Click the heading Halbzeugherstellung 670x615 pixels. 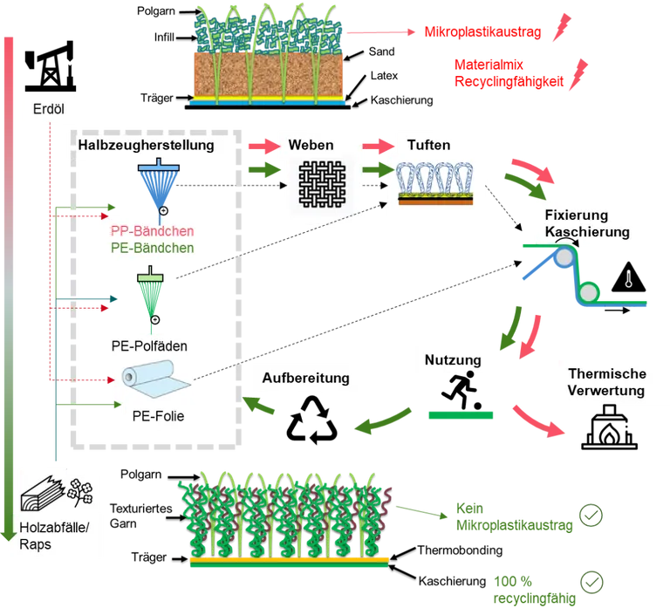point(146,145)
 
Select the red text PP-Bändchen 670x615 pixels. point(152,231)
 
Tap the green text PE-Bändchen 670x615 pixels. point(152,248)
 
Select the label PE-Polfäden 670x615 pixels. point(149,345)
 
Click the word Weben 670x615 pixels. point(311,145)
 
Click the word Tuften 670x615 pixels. point(429,145)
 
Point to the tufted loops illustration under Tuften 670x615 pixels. point(435,184)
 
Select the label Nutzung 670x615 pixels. point(453,359)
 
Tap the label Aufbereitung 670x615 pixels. point(305,378)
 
